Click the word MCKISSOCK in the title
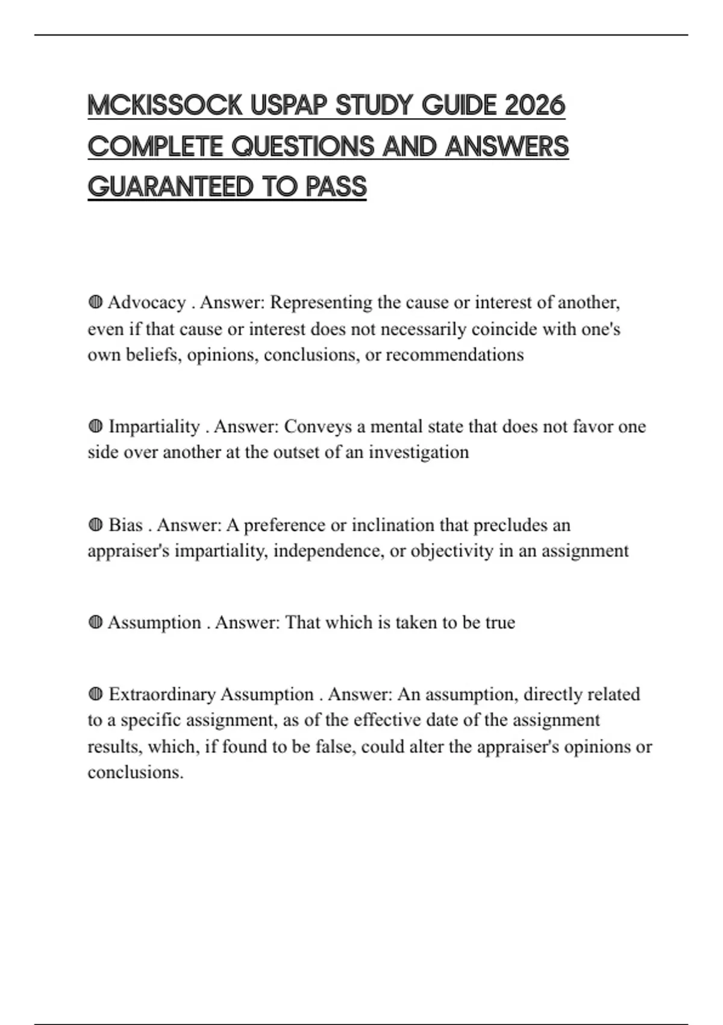coord(164,106)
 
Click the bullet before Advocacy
coord(95,302)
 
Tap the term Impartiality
coord(154,427)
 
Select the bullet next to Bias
coord(95,525)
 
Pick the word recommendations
coord(454,355)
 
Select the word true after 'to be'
coord(500,623)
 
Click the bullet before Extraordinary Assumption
coord(95,695)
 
